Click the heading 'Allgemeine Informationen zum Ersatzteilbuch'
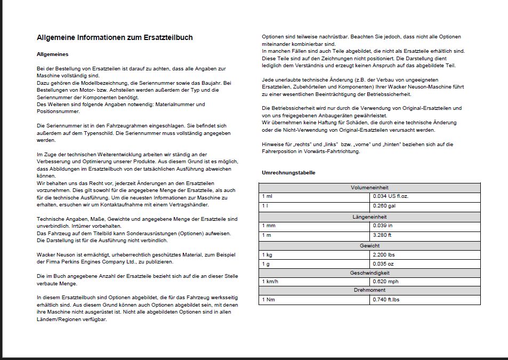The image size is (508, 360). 115,38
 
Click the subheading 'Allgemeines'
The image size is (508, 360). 52,54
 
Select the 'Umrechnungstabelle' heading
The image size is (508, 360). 288,173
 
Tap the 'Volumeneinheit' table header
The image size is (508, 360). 369,188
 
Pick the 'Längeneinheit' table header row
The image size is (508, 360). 369,217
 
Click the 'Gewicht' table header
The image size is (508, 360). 369,245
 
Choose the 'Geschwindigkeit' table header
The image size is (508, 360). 369,273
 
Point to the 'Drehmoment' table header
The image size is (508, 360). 369,291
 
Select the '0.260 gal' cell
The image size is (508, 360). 384,206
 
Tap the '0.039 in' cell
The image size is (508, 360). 383,226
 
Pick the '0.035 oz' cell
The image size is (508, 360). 383,263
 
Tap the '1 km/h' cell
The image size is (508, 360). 270,281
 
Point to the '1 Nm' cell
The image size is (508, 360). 268,300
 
